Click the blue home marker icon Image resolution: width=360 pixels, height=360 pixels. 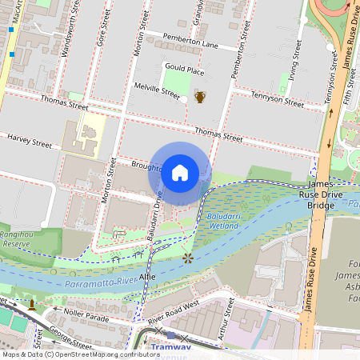point(180,172)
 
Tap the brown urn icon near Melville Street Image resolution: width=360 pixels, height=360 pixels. point(200,97)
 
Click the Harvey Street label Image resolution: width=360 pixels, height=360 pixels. point(29,141)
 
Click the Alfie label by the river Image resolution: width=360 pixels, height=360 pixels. point(147,275)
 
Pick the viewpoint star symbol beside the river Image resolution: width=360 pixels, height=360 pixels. point(188,258)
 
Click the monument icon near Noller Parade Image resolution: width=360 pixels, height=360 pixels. point(32,304)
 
